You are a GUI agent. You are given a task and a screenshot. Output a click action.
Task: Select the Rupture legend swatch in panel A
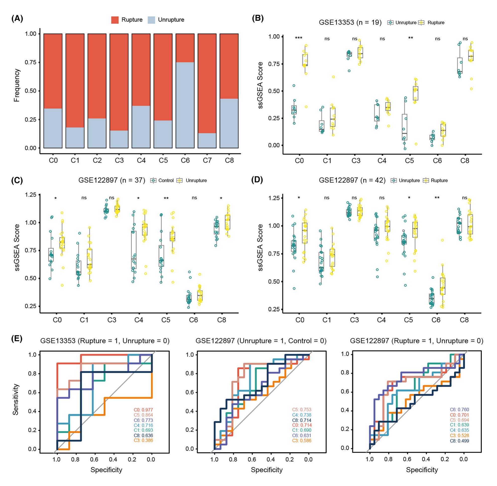pos(115,20)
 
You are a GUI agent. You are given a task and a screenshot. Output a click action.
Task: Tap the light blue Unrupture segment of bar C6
pos(185,105)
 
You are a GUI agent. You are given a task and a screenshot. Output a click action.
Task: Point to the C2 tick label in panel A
pos(97,160)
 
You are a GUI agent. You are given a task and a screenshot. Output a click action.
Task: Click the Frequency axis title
pos(17,85)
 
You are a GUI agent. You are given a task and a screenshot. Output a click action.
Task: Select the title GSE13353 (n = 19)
pos(350,23)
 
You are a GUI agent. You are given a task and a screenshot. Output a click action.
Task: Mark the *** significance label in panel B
pos(298,38)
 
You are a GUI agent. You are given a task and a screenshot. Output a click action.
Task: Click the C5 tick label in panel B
pos(409,161)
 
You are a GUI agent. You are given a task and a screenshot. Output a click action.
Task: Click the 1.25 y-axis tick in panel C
pos(31,195)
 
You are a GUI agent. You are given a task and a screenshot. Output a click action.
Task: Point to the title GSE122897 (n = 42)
pos(352,181)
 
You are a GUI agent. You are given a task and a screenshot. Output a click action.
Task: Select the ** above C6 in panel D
pos(437,198)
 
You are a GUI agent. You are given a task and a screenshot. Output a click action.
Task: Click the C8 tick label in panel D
pos(464,320)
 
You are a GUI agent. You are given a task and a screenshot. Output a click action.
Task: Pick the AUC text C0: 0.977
pos(143,410)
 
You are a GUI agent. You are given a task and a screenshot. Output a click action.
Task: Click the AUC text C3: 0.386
pos(143,440)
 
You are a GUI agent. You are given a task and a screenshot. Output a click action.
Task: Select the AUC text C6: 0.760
pos(459,410)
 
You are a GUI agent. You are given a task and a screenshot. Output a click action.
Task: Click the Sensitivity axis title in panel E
pos(16,399)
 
